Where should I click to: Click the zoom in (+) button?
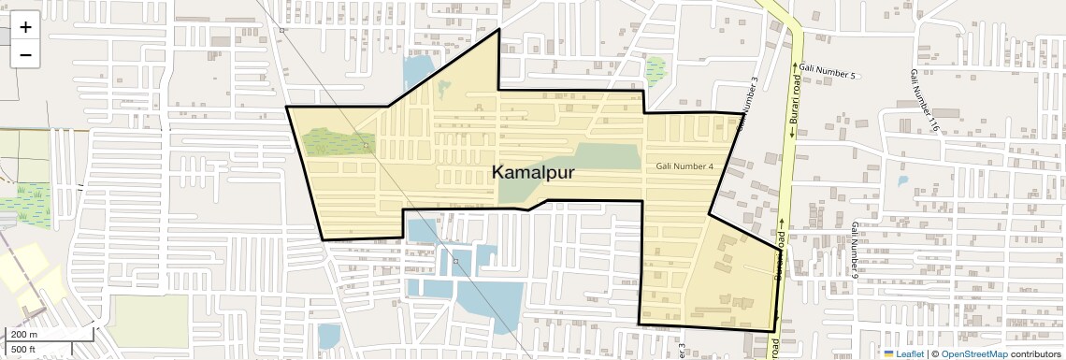click(25, 27)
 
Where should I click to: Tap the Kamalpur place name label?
click(533, 173)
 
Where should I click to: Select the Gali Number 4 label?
click(684, 166)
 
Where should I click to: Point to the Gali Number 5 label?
click(829, 73)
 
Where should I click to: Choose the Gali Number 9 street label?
click(855, 250)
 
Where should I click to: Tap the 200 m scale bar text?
click(24, 334)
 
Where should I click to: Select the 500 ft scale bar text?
click(23, 349)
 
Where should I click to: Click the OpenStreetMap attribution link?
click(973, 353)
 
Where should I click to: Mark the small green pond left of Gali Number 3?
click(655, 71)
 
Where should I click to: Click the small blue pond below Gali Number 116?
click(901, 181)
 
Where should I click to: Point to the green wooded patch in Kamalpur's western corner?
click(339, 142)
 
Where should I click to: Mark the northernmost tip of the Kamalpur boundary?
click(498, 30)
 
